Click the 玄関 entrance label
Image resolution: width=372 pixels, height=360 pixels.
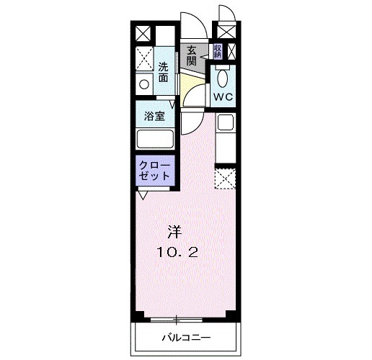(x=192, y=55)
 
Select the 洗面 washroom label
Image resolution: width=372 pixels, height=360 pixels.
(x=164, y=72)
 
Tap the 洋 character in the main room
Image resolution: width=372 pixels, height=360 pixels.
(x=174, y=232)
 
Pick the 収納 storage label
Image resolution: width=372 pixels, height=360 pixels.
(x=217, y=51)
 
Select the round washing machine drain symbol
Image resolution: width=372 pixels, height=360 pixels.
(x=143, y=84)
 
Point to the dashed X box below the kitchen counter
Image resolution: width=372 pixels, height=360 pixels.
(x=225, y=177)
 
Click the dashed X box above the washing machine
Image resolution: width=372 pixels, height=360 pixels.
(x=143, y=58)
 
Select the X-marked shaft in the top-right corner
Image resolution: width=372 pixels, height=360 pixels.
(x=226, y=33)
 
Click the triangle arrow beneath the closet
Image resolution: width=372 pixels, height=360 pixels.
(x=143, y=194)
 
